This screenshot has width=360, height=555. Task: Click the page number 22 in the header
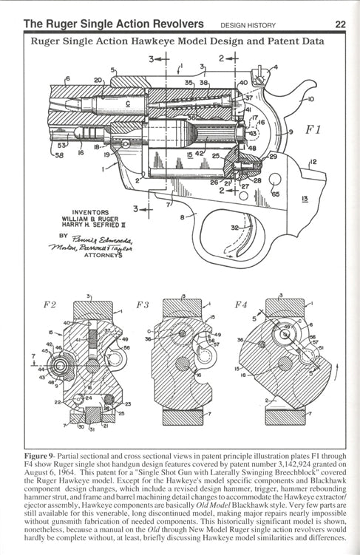(x=340, y=24)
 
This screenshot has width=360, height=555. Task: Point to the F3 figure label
(x=142, y=304)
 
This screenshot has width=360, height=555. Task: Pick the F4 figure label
(x=241, y=304)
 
